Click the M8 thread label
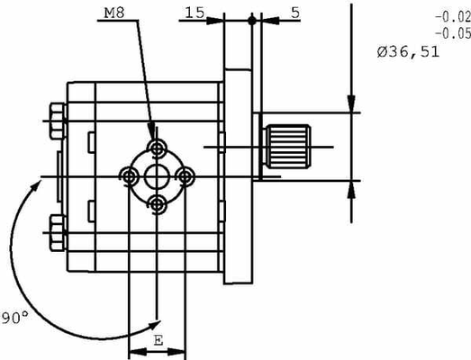pos(115,13)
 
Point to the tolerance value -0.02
pos(450,17)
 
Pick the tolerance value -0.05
pos(450,33)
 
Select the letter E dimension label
pos(159,341)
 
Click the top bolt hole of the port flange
pos(159,147)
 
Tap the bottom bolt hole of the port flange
pos(159,204)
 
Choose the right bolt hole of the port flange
pos(187,175)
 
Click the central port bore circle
pos(159,175)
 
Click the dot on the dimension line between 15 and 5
pos(252,19)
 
